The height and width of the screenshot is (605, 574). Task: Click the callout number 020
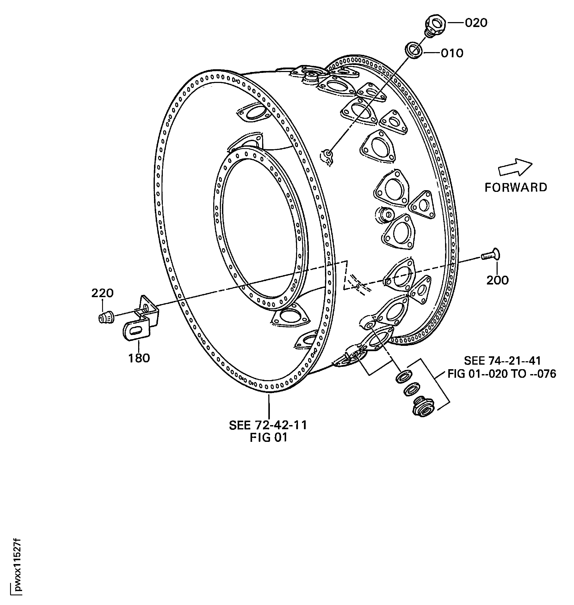[x=476, y=23]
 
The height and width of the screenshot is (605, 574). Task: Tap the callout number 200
[x=497, y=280]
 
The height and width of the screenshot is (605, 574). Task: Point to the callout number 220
[x=103, y=293]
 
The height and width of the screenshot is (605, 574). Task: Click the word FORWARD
[x=516, y=187]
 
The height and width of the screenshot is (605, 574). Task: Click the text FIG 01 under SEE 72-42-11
[x=269, y=438]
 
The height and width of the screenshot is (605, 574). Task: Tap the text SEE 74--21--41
[x=502, y=361]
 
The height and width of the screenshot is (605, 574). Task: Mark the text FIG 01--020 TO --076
[x=502, y=374]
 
